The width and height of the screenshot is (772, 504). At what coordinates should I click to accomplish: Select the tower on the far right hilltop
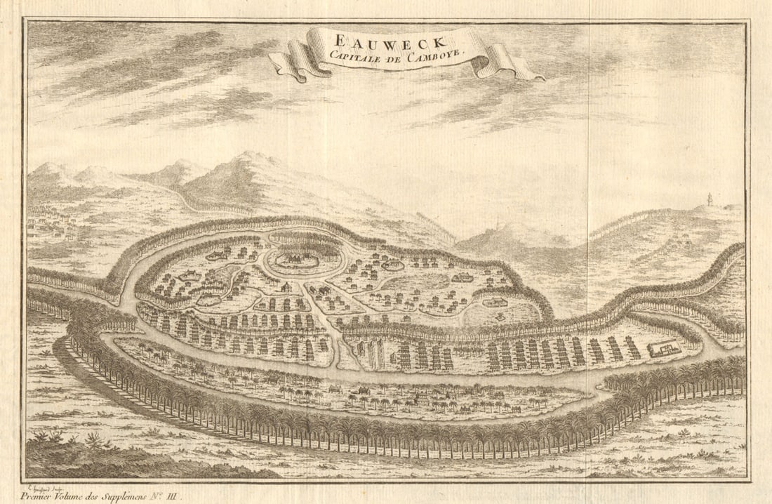pos(710,199)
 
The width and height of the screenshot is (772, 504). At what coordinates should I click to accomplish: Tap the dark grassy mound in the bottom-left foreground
pos(105,463)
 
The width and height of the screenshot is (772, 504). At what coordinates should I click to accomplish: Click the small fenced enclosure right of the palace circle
pos(393,265)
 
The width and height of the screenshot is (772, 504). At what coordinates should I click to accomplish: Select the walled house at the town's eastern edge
pos(495,303)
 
